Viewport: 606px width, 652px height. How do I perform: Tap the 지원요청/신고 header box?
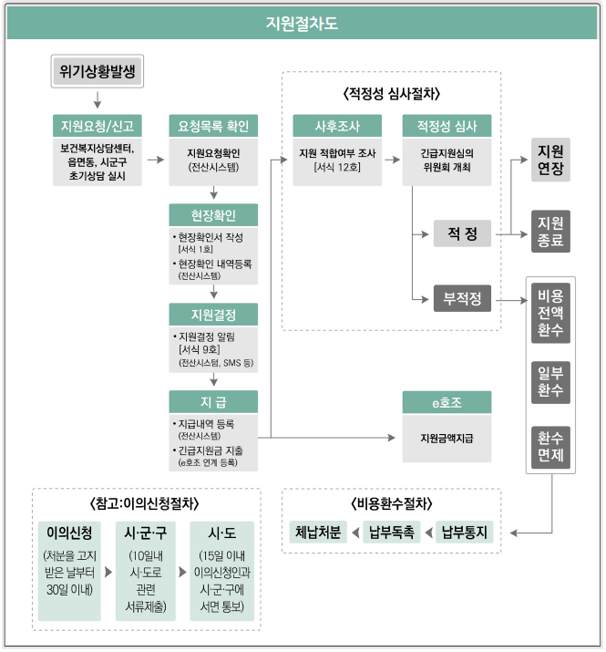[97, 125]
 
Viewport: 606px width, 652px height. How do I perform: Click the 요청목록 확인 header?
[213, 125]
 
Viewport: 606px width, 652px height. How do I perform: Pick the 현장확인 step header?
[213, 215]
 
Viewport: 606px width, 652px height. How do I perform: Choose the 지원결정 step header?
[213, 315]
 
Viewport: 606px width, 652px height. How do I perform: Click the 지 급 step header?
[213, 401]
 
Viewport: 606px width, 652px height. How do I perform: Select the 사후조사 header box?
[337, 125]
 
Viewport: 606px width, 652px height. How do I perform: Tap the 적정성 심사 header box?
[447, 125]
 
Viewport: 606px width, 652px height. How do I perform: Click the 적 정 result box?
[462, 234]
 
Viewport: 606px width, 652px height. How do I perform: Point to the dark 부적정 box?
[462, 298]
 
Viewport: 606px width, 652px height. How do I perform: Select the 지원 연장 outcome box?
[550, 160]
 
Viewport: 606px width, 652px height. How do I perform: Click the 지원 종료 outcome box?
[550, 232]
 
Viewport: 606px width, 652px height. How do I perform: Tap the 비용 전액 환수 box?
[550, 313]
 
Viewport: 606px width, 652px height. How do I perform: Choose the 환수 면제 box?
[550, 446]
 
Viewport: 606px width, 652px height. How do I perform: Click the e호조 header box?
[447, 401]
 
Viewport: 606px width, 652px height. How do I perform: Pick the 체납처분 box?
[318, 532]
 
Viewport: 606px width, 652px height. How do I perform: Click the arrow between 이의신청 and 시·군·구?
[109, 572]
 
